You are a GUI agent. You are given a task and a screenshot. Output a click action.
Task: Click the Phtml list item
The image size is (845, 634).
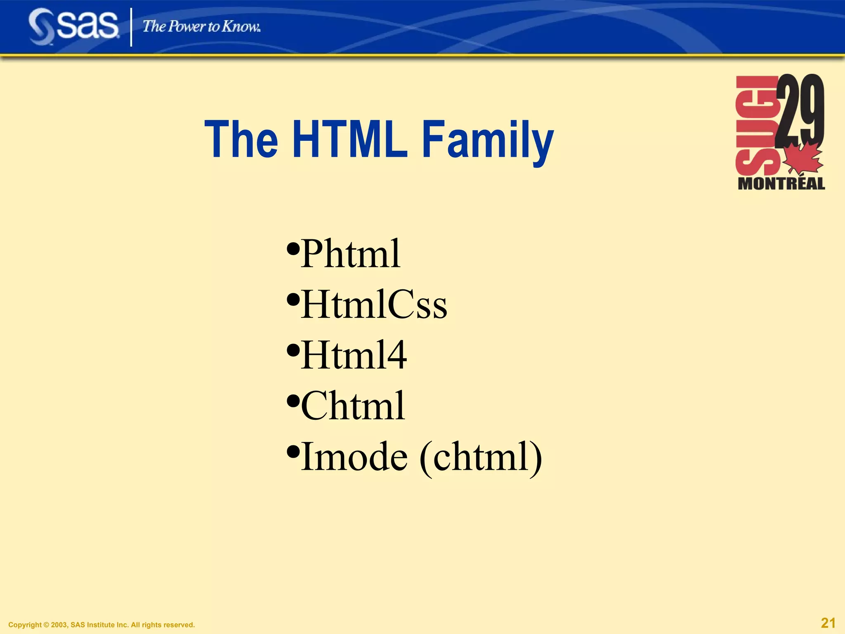[x=350, y=253]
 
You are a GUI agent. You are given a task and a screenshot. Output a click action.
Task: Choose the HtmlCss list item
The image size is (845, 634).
[x=374, y=305]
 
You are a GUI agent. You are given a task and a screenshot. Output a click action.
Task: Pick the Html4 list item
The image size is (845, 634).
[x=354, y=355]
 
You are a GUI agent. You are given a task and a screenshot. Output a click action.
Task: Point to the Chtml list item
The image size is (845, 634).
[x=353, y=406]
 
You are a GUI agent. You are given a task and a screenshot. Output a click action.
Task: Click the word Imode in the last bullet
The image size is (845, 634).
[x=354, y=457]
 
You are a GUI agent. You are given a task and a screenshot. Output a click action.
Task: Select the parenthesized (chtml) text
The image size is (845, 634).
[x=481, y=457]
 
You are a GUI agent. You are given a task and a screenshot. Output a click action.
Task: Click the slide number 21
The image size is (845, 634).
[x=828, y=623]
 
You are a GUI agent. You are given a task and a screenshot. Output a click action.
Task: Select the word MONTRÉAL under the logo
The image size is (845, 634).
[x=781, y=184]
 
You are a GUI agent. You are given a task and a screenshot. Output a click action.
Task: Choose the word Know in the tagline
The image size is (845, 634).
[x=241, y=26]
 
